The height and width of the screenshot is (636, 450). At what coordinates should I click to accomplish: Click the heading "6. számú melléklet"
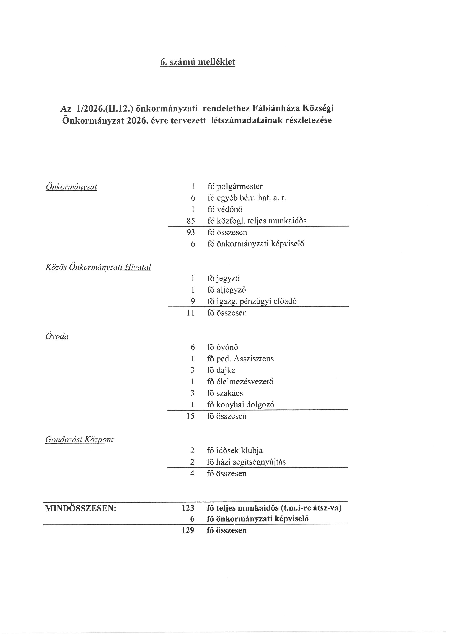(x=198, y=62)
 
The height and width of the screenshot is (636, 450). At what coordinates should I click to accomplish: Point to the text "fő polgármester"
(x=235, y=186)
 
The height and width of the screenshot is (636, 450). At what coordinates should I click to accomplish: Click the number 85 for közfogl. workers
(x=191, y=221)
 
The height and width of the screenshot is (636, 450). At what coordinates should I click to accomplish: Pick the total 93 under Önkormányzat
(x=191, y=232)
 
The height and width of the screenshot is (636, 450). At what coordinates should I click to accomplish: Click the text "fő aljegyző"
(x=226, y=290)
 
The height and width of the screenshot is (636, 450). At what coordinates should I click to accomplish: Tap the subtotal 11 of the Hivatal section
(x=191, y=313)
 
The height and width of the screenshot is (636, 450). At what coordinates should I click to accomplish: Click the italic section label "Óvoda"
(x=57, y=336)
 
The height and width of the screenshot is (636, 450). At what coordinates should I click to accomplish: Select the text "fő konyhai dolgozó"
(x=241, y=405)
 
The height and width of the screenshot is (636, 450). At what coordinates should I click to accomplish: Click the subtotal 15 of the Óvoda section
(x=190, y=416)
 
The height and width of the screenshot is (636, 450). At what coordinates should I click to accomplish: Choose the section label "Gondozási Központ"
(x=79, y=440)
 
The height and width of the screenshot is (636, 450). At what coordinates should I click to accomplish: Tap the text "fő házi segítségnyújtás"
(x=246, y=462)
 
